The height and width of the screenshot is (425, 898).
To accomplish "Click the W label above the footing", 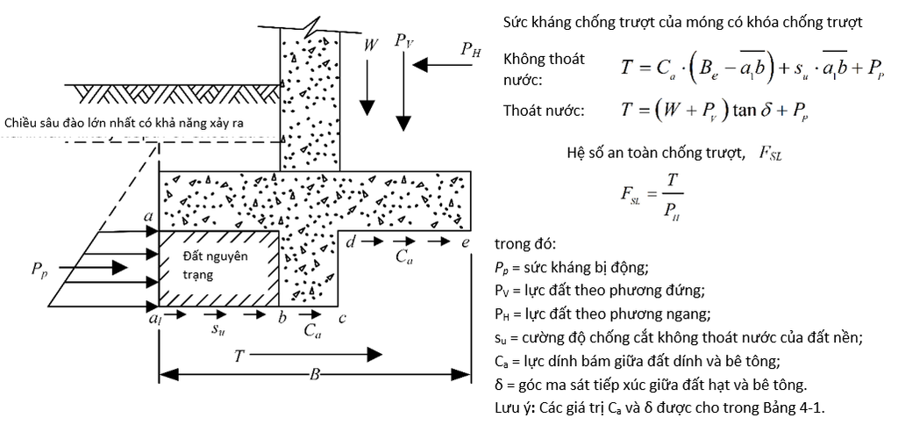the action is pos(371,45).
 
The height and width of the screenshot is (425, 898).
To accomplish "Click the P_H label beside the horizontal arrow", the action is pos(471,50).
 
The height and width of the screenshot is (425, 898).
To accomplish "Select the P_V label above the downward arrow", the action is pos(403,42).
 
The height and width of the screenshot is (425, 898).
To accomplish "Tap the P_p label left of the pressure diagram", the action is pos(40,270).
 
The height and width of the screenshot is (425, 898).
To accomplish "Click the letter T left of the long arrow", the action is pos(240,357).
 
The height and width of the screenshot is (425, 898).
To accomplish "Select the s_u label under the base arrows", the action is pos(217,330).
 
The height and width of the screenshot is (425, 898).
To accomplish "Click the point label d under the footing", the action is pos(351,242).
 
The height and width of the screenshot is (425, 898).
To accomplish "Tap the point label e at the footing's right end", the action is pos(467,243).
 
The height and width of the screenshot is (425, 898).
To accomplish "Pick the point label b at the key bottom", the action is pos(282,316).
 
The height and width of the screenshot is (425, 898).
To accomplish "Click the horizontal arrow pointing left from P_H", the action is pos(443,64).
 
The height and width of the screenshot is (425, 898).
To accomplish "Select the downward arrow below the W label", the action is pos(367,85).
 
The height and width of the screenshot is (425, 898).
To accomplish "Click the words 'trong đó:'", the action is pos(524,244).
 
